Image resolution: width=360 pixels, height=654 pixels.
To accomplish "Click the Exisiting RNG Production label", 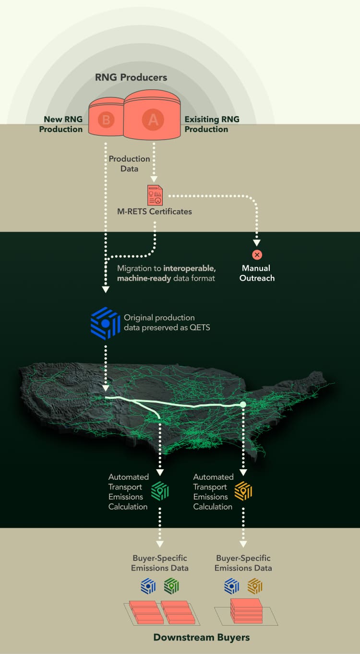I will (x=212, y=124).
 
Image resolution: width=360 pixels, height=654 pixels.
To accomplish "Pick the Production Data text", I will (x=129, y=164).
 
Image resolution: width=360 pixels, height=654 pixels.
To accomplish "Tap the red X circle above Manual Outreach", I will (x=257, y=255).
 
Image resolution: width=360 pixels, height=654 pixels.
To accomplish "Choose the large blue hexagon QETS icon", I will (x=105, y=323).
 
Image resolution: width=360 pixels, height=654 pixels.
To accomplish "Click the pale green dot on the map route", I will (x=243, y=404).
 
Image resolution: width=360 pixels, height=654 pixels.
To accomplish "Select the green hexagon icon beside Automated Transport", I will (x=160, y=491).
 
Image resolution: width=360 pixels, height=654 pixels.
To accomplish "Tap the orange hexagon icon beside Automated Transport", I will (x=243, y=491).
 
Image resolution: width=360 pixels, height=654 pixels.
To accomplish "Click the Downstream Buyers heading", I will (x=202, y=638).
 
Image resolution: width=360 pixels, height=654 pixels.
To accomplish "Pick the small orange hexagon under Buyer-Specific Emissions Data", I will (x=255, y=586).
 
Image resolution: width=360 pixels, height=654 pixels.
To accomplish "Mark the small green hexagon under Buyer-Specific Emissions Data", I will (x=171, y=586).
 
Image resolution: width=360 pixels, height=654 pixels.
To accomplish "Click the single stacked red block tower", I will (x=246, y=611).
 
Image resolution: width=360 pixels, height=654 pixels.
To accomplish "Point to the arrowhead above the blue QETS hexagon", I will (x=105, y=289).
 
